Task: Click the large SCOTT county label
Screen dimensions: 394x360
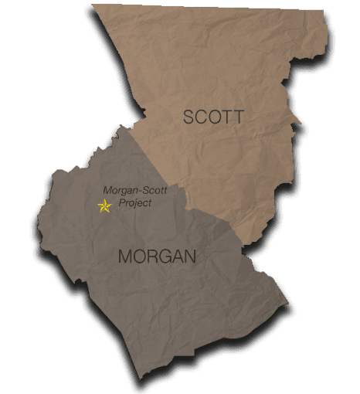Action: point(213,117)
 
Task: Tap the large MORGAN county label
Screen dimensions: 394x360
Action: point(158,256)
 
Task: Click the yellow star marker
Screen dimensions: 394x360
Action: point(104,205)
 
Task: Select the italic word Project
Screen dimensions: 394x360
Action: point(134,203)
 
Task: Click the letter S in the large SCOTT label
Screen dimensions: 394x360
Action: point(189,117)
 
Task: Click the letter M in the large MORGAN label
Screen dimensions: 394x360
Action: point(126,256)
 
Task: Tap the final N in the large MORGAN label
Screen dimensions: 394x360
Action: point(190,256)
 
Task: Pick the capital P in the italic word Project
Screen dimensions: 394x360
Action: point(121,203)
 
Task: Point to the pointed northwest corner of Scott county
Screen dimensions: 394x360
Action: point(92,5)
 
